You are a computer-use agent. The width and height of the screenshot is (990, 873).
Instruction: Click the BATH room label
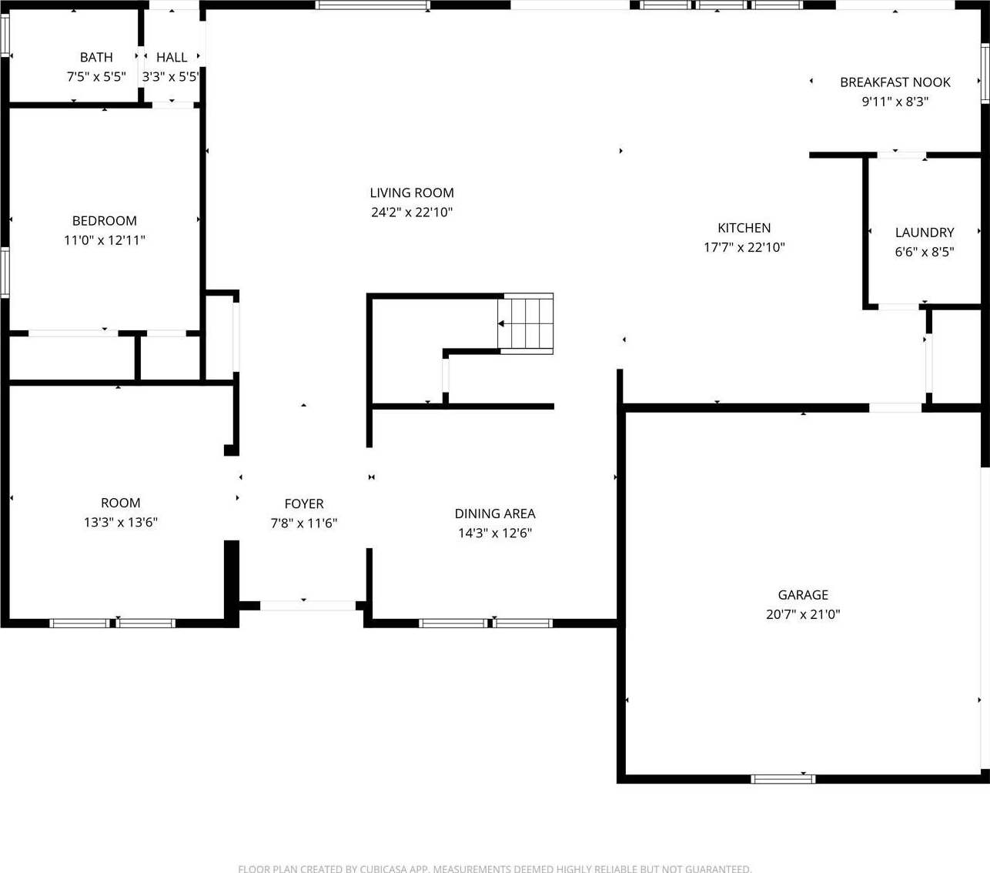[x=96, y=57]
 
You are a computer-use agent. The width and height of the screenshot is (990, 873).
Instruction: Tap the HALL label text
[x=172, y=57]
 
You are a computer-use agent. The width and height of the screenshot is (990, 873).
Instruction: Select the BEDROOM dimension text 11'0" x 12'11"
[x=105, y=240]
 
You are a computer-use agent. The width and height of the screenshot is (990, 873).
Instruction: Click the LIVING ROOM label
[x=412, y=192]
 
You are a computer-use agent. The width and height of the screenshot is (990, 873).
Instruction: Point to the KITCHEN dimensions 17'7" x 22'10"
[x=744, y=247]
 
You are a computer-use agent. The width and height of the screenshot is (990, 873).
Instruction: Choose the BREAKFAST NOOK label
[x=895, y=82]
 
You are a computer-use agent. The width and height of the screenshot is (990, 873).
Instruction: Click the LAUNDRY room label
[x=925, y=232]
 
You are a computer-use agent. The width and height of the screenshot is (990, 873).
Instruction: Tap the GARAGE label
[x=804, y=595]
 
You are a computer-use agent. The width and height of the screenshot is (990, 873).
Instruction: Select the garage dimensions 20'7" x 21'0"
[x=804, y=614]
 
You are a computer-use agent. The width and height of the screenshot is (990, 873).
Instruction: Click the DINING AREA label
[x=495, y=513]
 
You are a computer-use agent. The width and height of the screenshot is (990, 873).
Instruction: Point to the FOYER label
[x=304, y=503]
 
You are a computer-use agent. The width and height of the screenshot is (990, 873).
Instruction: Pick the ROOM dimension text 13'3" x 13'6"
[x=121, y=523]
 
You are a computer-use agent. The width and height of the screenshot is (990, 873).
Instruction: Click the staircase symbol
[x=526, y=323]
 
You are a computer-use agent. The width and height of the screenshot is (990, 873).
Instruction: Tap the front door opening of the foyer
[x=308, y=606]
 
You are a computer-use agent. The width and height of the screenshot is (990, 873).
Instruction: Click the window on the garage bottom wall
[x=783, y=779]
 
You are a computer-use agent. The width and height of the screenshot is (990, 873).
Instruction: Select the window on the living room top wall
[x=373, y=5]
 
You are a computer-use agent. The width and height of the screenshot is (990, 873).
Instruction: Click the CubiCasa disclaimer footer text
[x=494, y=868]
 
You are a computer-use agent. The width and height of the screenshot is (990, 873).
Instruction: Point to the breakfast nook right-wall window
[x=985, y=73]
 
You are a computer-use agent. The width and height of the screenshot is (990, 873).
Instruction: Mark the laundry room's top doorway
[x=901, y=156]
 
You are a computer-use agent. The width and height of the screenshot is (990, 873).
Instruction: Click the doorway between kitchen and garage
[x=895, y=408]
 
